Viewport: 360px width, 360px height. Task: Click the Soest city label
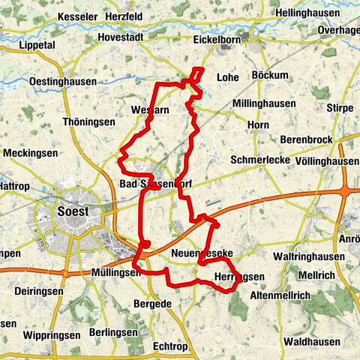[x=73, y=211]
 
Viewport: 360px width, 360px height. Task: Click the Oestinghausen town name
[x=61, y=81]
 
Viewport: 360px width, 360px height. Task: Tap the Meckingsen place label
[x=29, y=152]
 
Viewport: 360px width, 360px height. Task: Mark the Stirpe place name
[x=340, y=108]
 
